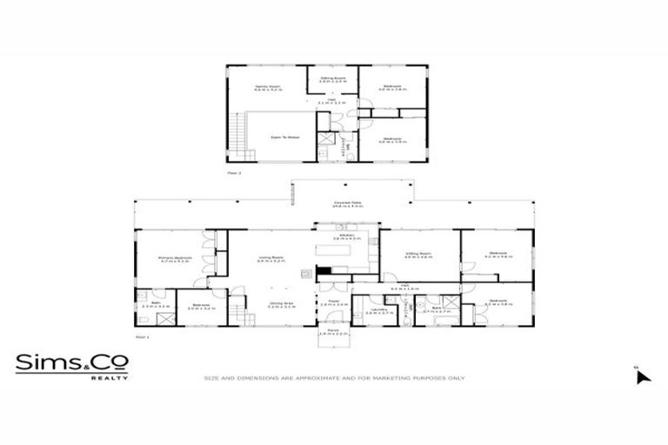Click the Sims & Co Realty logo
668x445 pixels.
pos(71,366)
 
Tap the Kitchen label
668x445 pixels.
pos(347,236)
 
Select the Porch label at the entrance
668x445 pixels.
pos(333,331)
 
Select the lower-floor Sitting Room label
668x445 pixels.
pos(418,255)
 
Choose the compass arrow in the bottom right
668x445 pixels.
pos(642,376)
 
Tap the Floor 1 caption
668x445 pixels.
pos(143,335)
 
